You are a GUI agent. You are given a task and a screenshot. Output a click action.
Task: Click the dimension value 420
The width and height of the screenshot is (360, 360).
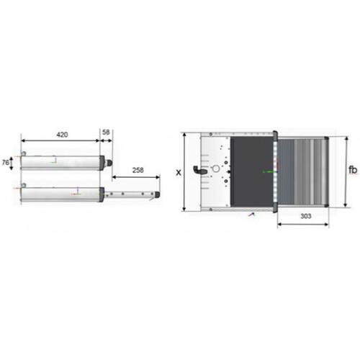click(62, 135)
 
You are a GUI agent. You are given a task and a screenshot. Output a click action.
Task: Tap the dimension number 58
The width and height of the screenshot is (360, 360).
click(106, 132)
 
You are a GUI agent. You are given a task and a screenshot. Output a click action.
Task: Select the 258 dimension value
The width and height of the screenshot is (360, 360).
click(138, 170)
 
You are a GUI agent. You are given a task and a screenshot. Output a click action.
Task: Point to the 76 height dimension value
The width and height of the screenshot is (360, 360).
click(5, 163)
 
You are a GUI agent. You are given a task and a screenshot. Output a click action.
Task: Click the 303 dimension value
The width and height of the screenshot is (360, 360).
click(306, 216)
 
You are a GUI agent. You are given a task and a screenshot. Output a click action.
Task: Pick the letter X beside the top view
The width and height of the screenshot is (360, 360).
click(179, 172)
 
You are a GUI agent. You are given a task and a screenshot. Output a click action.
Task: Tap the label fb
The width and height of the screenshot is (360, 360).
click(353, 170)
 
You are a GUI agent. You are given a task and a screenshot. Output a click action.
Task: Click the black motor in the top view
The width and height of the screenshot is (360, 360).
click(200, 170)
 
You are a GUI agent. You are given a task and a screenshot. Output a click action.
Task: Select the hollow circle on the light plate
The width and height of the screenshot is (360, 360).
click(216, 169)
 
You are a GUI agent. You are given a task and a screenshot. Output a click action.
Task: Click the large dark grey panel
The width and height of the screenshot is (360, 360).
click(252, 171)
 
